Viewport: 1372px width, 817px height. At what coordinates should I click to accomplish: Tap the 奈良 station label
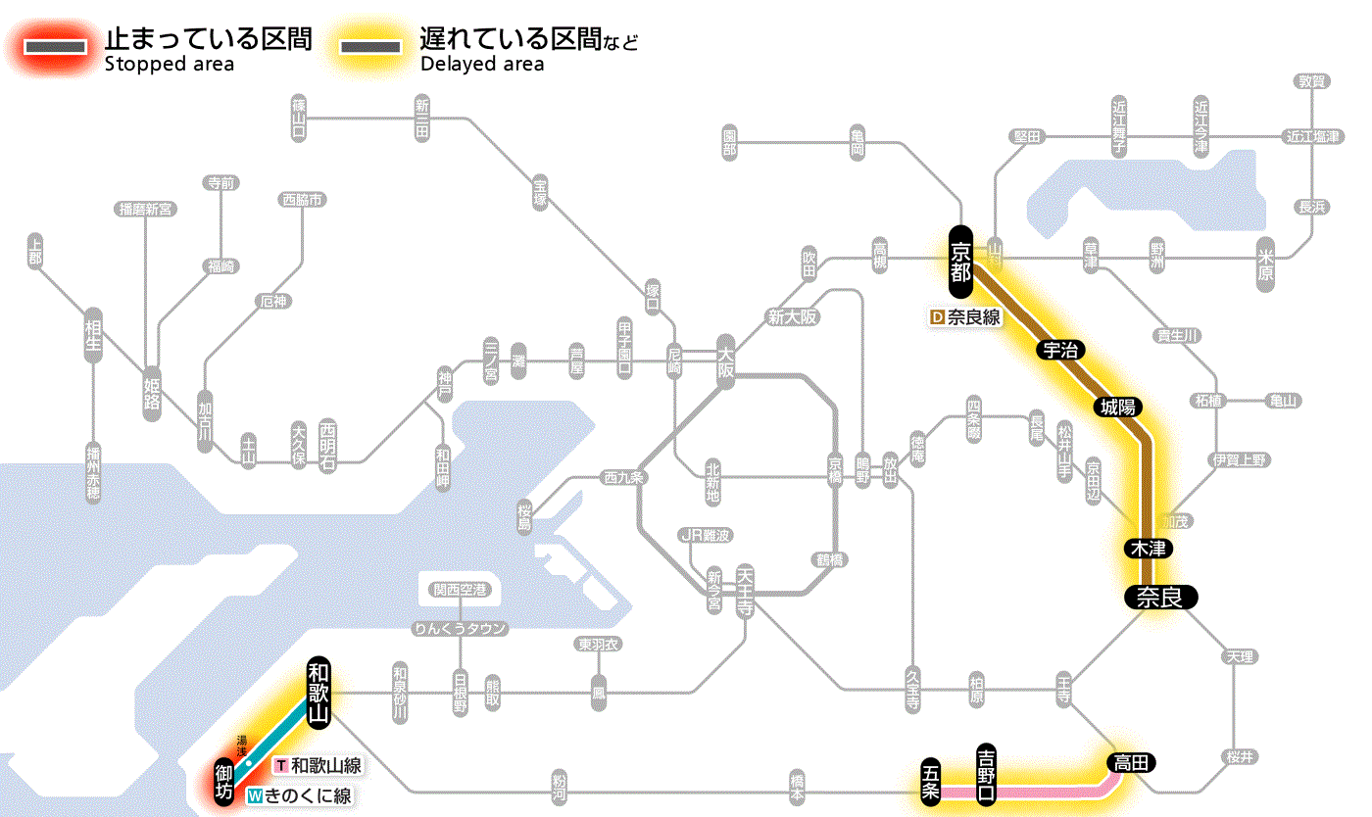1160,597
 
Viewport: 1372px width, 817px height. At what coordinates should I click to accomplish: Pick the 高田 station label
1132,762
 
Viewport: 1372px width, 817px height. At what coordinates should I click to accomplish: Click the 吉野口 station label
986,774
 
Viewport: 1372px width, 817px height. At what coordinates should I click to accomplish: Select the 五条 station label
931,782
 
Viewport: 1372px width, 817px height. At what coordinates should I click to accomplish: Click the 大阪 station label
726,361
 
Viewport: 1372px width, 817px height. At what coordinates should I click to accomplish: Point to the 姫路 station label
152,393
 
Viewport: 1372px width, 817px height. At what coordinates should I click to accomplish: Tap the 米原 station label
1266,264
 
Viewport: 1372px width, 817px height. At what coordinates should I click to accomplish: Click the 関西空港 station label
460,590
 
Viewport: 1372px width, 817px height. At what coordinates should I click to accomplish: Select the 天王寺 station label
745,588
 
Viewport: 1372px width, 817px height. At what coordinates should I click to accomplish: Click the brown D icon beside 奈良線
937,316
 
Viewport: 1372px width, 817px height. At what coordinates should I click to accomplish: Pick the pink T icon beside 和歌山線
281,765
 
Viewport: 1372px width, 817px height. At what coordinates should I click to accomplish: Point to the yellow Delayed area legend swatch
370,47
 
